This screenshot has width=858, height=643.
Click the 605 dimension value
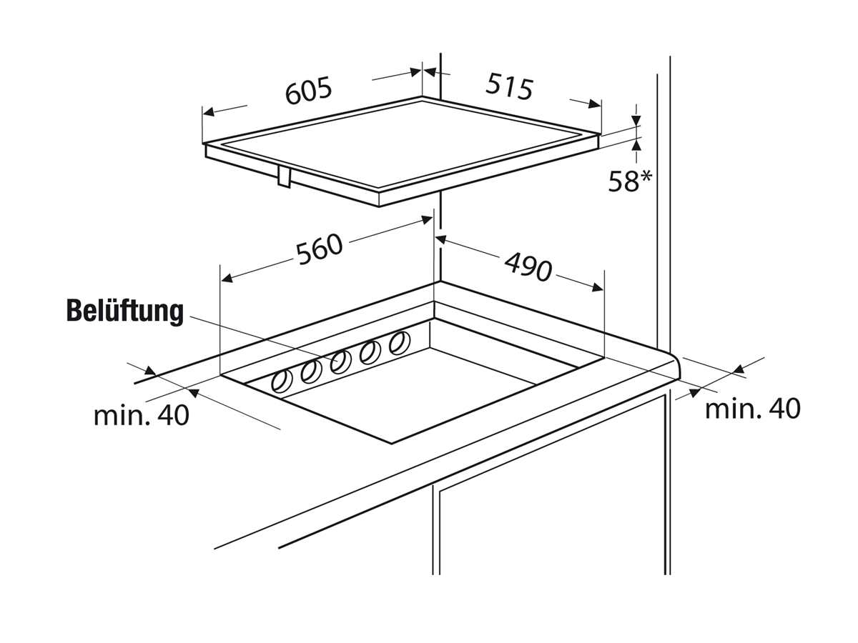pyautogui.click(x=309, y=91)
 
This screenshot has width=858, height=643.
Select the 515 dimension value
pyautogui.click(x=510, y=86)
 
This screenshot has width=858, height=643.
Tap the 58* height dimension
pyautogui.click(x=630, y=181)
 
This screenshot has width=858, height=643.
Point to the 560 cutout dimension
pyautogui.click(x=320, y=249)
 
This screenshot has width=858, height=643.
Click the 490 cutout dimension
pyautogui.click(x=528, y=266)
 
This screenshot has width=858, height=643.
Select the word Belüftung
pyautogui.click(x=125, y=311)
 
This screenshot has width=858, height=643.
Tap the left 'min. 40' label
pyautogui.click(x=142, y=415)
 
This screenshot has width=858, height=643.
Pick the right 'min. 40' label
pyautogui.click(x=752, y=409)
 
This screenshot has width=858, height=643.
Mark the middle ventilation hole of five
pyautogui.click(x=340, y=362)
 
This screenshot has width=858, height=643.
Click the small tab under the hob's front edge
pyautogui.click(x=283, y=176)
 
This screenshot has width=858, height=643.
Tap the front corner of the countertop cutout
pyautogui.click(x=392, y=443)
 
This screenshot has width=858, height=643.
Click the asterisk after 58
pyautogui.click(x=645, y=176)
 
